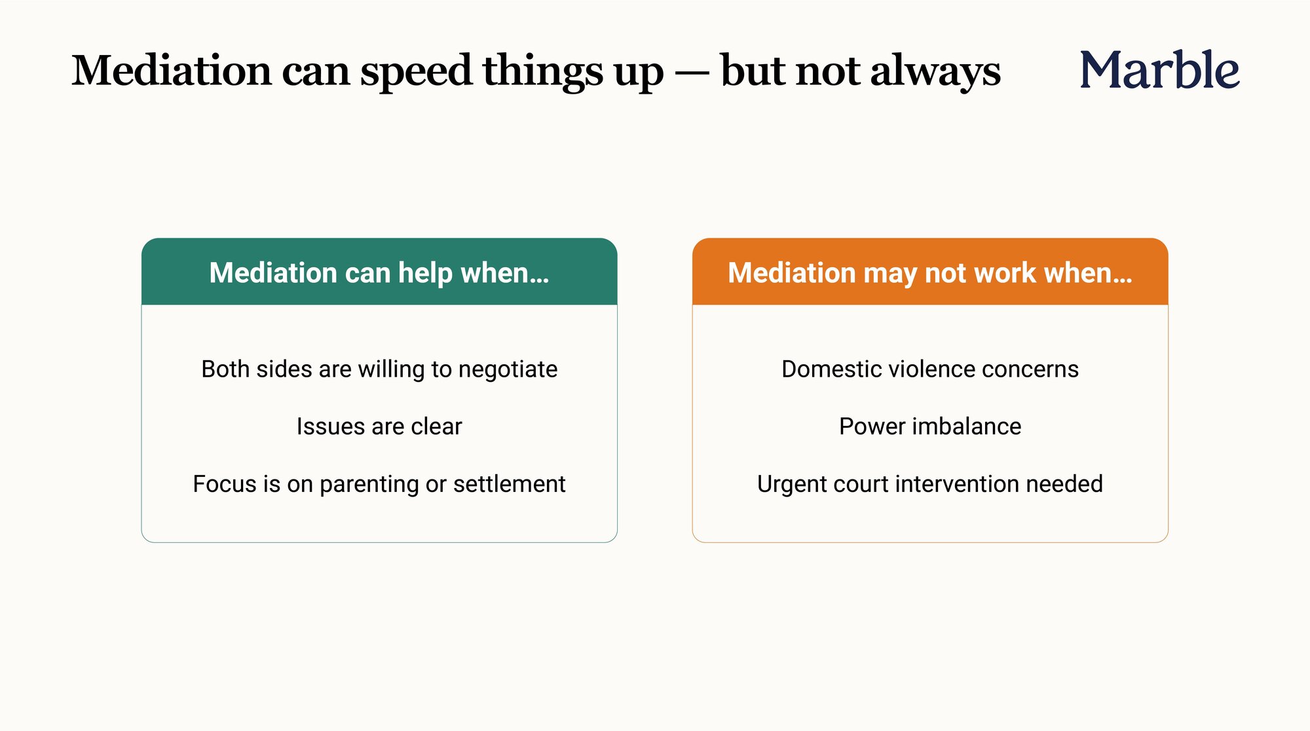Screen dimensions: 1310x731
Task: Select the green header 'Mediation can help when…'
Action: [379, 272]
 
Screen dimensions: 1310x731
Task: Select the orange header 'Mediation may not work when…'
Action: [930, 272]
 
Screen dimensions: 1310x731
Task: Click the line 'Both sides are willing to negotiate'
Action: [379, 369]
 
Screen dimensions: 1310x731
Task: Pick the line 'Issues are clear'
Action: [379, 426]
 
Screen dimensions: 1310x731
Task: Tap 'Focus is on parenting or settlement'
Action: [379, 484]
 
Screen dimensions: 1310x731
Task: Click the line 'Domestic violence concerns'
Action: [930, 369]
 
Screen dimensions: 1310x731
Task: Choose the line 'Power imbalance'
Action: [930, 426]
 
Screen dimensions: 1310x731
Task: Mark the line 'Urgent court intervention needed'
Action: [930, 484]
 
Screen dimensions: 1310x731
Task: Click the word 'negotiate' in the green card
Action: [508, 370]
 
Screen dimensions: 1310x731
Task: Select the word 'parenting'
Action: [369, 485]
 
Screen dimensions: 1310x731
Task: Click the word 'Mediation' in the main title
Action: [172, 70]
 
